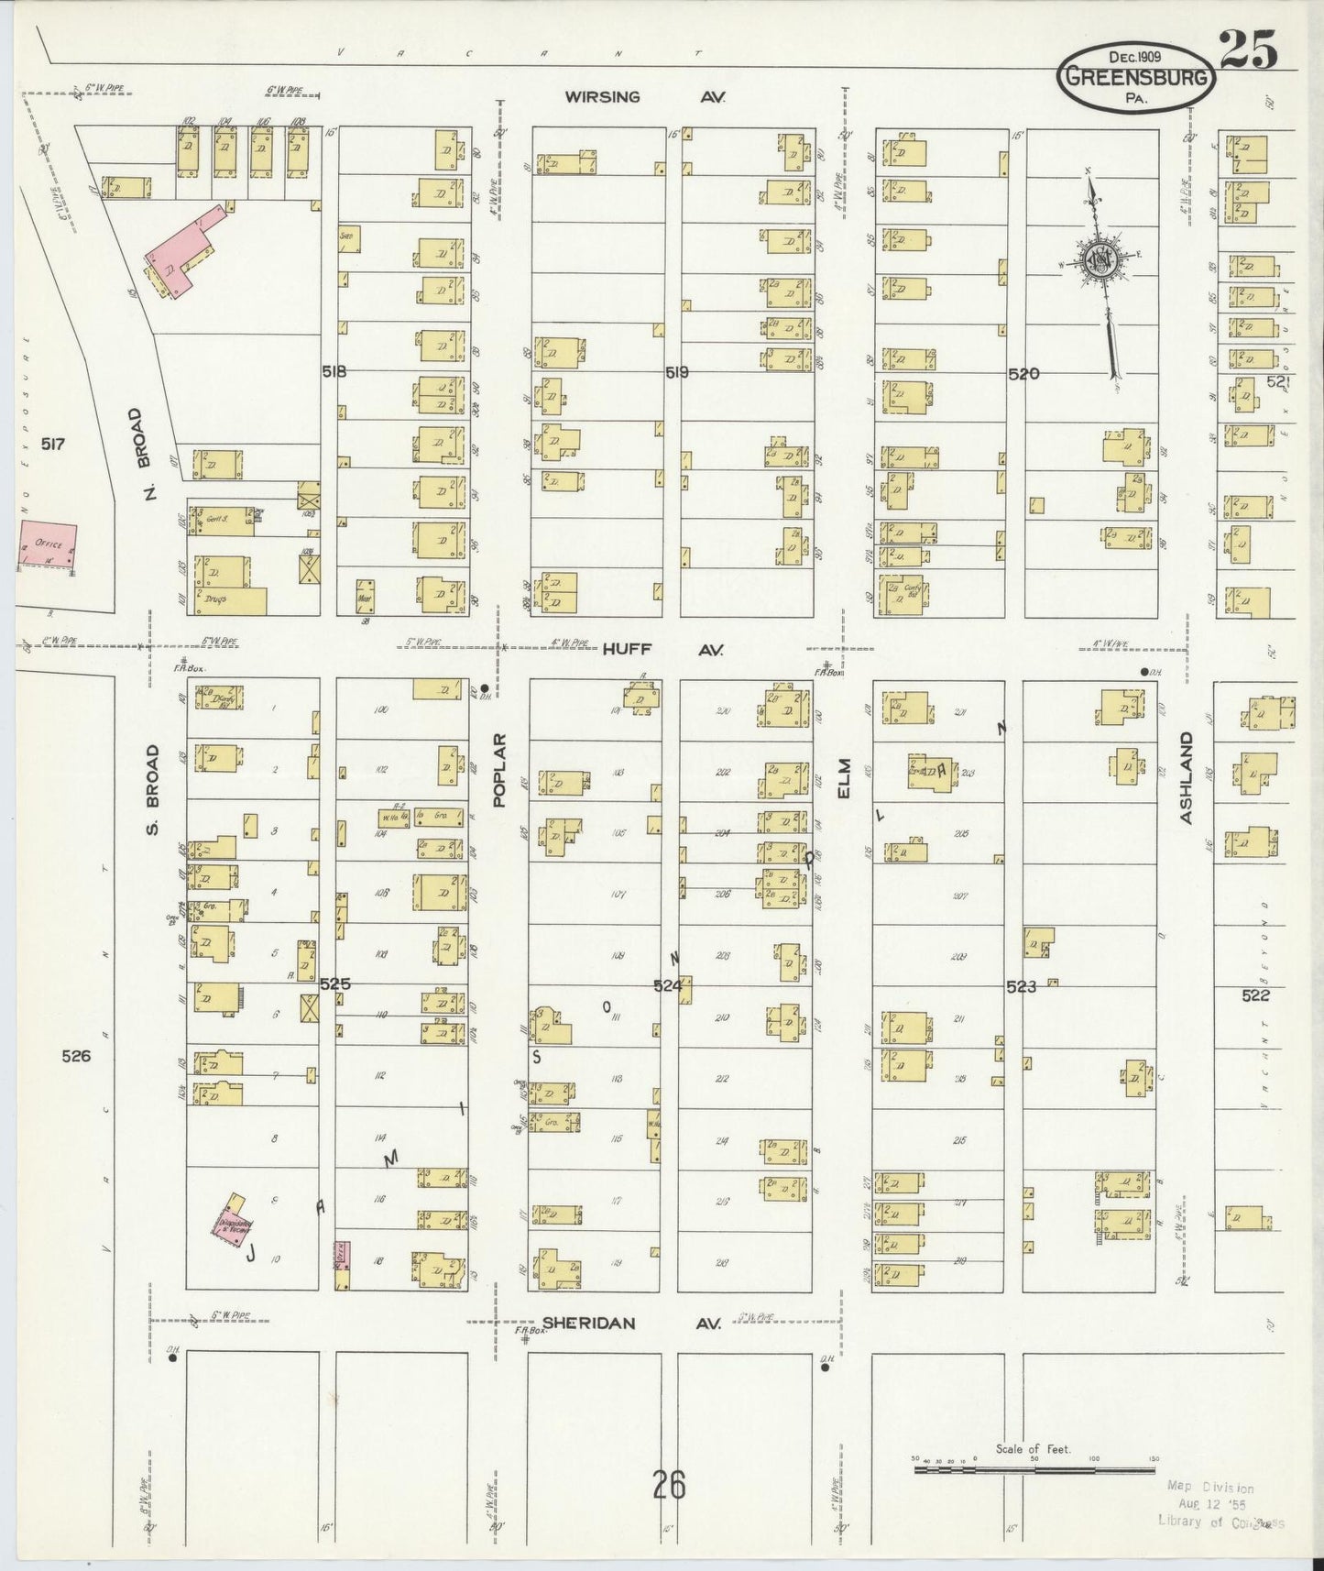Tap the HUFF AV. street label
[x=663, y=649]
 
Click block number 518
[x=334, y=371]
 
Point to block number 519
[x=676, y=372]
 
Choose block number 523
[x=1021, y=986]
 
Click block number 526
[x=76, y=1056]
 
